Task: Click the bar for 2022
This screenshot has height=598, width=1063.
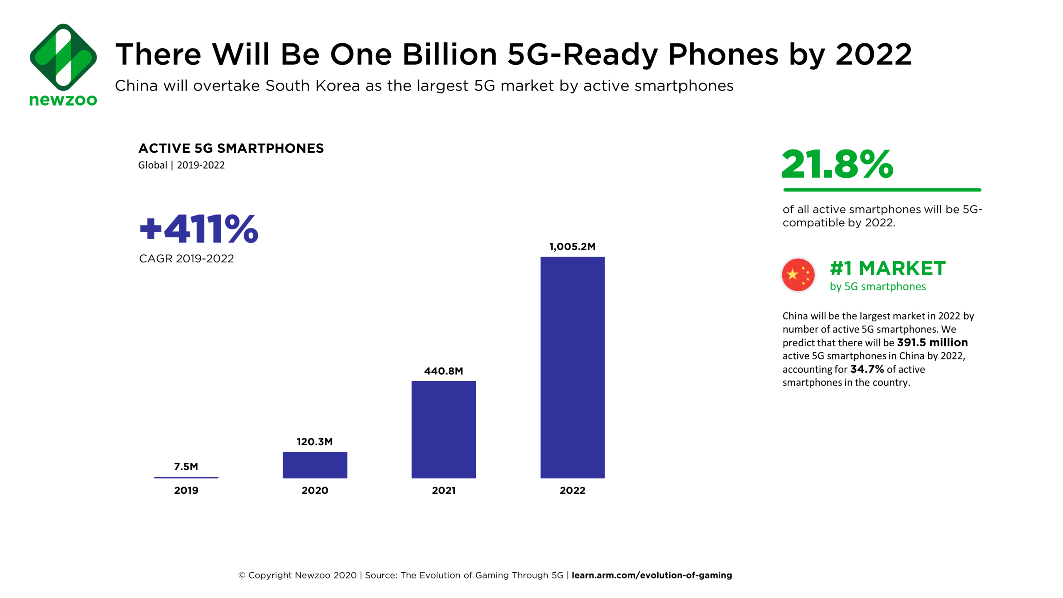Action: click(x=572, y=367)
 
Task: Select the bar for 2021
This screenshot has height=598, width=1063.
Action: click(x=443, y=429)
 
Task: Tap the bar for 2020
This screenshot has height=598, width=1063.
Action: click(x=315, y=465)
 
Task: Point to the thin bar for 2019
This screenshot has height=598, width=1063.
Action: click(x=186, y=477)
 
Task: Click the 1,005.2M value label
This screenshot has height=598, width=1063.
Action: click(x=572, y=247)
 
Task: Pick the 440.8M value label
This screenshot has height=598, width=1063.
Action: click(x=443, y=371)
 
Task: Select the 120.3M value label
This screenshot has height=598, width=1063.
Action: click(x=315, y=441)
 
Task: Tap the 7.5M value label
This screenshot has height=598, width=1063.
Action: click(x=186, y=466)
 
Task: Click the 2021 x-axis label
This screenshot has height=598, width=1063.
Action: click(x=443, y=490)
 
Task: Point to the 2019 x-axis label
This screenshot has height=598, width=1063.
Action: click(x=186, y=490)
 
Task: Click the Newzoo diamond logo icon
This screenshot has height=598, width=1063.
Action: click(x=63, y=57)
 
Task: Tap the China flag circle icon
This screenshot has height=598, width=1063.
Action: click(x=798, y=274)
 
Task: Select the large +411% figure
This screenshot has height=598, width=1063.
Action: click(x=199, y=229)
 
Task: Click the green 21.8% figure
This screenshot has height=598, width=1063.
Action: click(x=837, y=164)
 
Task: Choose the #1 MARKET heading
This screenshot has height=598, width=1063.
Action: click(x=888, y=268)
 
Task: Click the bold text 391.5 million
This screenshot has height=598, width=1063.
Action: click(x=932, y=343)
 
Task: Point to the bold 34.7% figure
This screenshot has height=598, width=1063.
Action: click(x=867, y=369)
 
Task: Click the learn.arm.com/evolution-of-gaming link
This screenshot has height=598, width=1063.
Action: click(x=652, y=575)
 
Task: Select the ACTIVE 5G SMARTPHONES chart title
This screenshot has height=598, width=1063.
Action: click(x=231, y=148)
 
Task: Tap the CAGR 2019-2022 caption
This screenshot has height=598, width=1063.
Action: click(x=186, y=259)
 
